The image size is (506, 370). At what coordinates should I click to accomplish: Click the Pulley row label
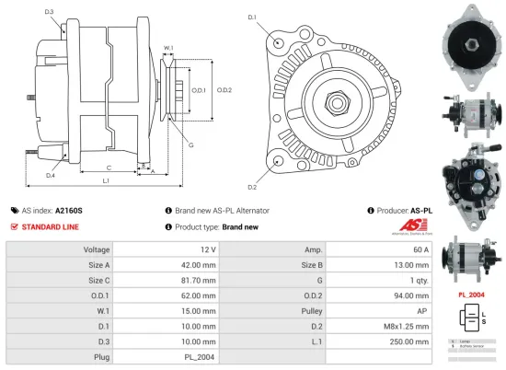[x=316, y=310]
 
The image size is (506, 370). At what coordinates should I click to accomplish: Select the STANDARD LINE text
[x=51, y=226]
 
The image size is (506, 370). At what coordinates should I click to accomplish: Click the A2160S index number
[x=69, y=210]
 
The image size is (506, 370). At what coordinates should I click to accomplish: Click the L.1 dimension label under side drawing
[x=106, y=181]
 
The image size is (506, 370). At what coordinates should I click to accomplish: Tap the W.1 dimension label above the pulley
[x=169, y=48]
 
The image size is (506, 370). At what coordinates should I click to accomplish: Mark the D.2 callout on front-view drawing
[x=252, y=162]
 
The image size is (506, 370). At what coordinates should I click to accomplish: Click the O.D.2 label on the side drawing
[x=224, y=89]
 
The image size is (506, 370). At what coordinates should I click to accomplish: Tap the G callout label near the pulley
[x=190, y=145]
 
